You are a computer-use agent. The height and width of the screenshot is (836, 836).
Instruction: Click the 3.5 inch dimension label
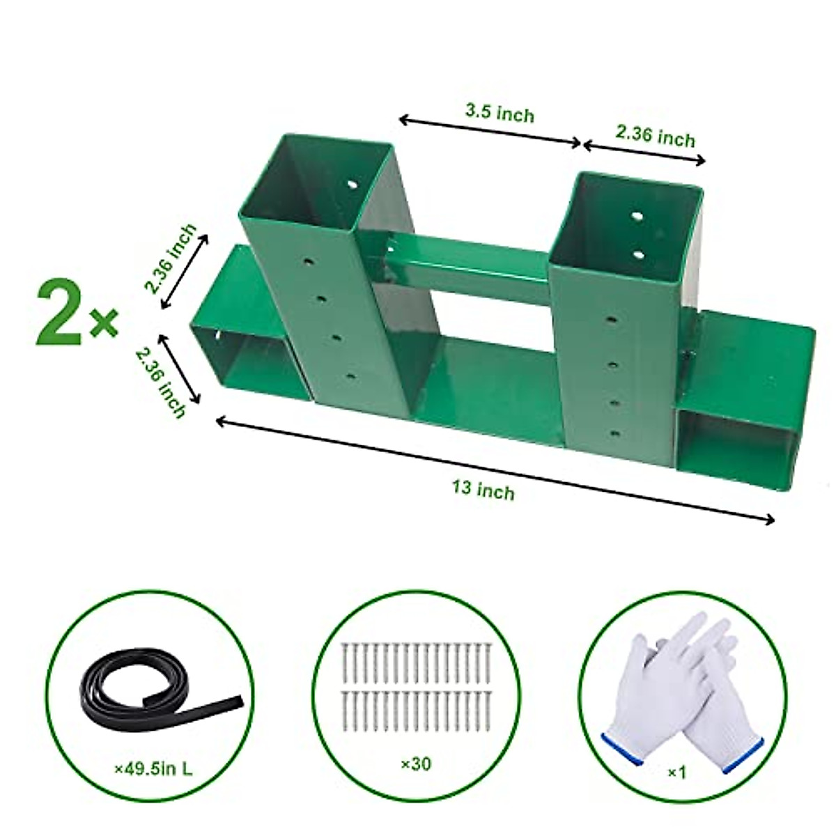click(x=500, y=112)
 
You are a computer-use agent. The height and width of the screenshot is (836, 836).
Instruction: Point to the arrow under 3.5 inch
click(x=490, y=132)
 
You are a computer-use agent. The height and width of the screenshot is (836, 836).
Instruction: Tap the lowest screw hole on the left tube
click(x=349, y=377)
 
